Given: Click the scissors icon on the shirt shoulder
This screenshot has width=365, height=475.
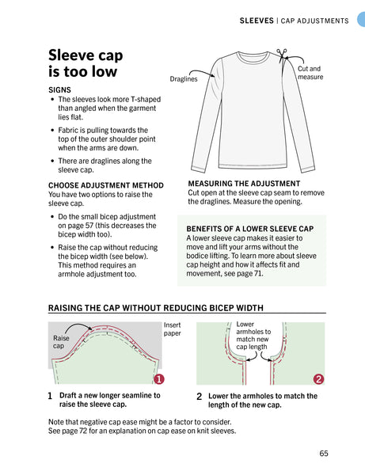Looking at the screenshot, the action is tap(282, 55).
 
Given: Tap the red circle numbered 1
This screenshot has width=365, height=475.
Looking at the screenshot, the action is tap(159, 379).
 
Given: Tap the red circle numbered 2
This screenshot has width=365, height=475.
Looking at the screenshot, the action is tap(318, 379).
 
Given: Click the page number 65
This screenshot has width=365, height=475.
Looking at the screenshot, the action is tap(324, 453).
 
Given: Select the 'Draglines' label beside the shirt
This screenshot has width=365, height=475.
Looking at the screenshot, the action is tap(184, 79).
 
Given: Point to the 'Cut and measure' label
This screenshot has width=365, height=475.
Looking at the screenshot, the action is tap(310, 73).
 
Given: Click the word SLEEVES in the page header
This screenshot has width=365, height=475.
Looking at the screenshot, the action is tap(257, 21).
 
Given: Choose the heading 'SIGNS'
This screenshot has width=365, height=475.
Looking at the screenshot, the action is tap(59, 90).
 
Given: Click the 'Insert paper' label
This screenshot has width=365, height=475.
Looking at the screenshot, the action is tap(173, 329).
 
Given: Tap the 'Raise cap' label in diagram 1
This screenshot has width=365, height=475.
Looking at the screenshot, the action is tap(61, 342).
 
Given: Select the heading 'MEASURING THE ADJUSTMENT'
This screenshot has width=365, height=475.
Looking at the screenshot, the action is tap(244, 184).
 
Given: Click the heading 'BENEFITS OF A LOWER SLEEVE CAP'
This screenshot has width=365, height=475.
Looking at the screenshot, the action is tap(250, 229).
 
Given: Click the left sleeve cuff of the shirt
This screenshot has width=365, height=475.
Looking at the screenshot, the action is tap(198, 169).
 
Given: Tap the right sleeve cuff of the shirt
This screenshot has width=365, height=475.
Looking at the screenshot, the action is tap(308, 169).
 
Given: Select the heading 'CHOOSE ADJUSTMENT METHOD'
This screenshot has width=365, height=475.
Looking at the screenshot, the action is tap(106, 185).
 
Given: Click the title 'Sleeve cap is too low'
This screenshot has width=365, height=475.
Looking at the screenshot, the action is tap(86, 63).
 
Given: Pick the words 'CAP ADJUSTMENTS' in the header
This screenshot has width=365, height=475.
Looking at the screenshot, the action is tap(314, 21).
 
